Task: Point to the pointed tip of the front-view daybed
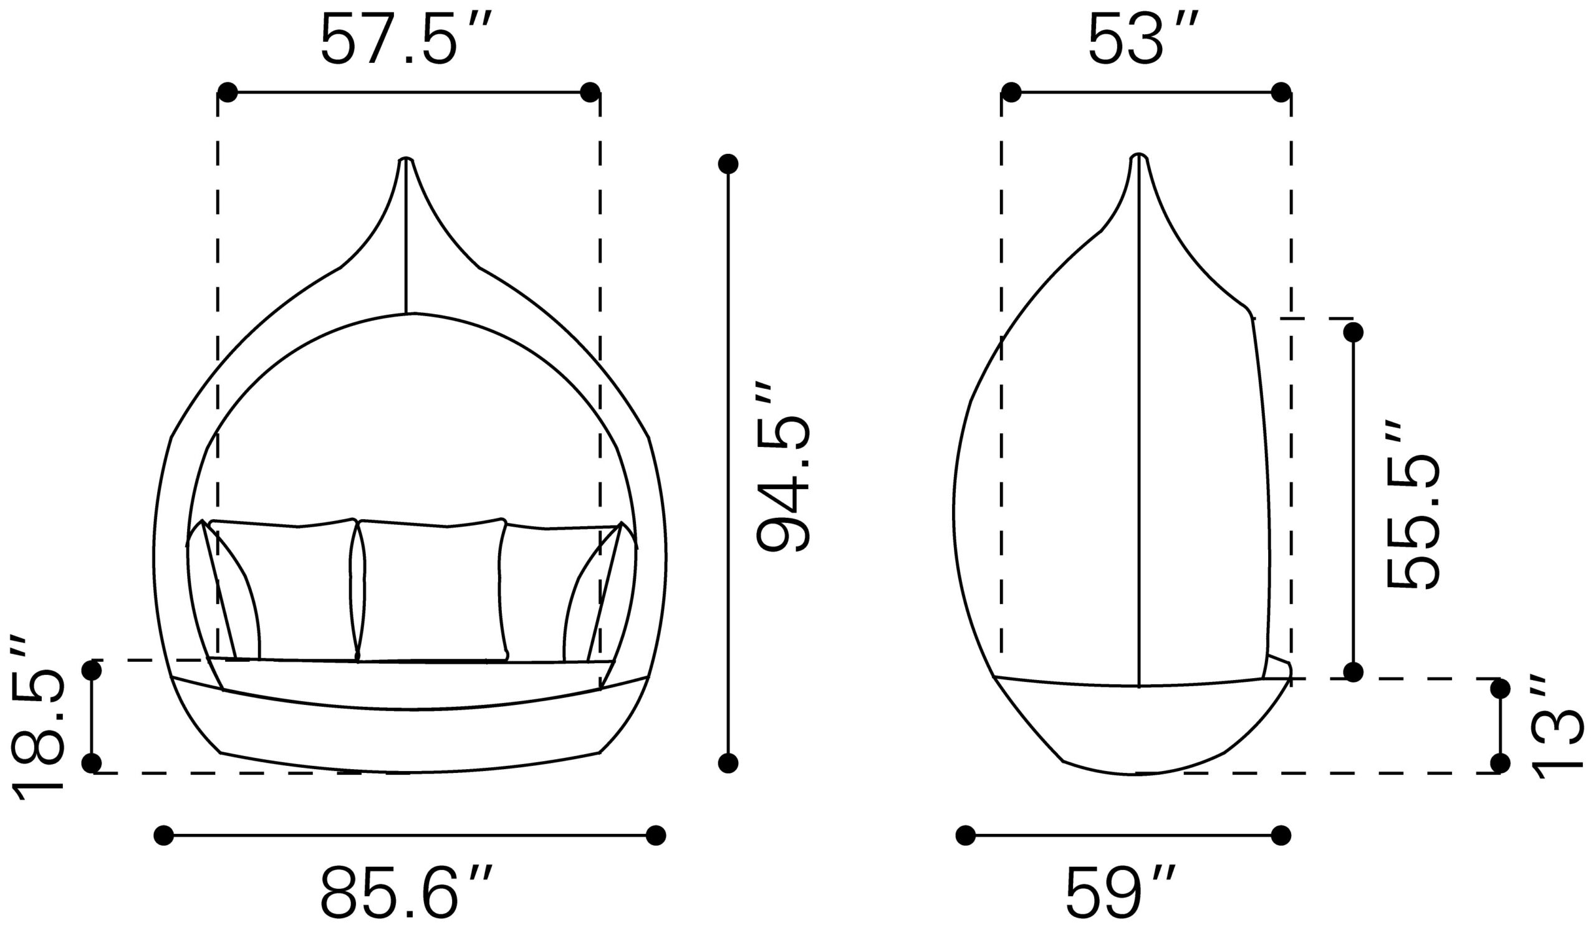click(x=406, y=158)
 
